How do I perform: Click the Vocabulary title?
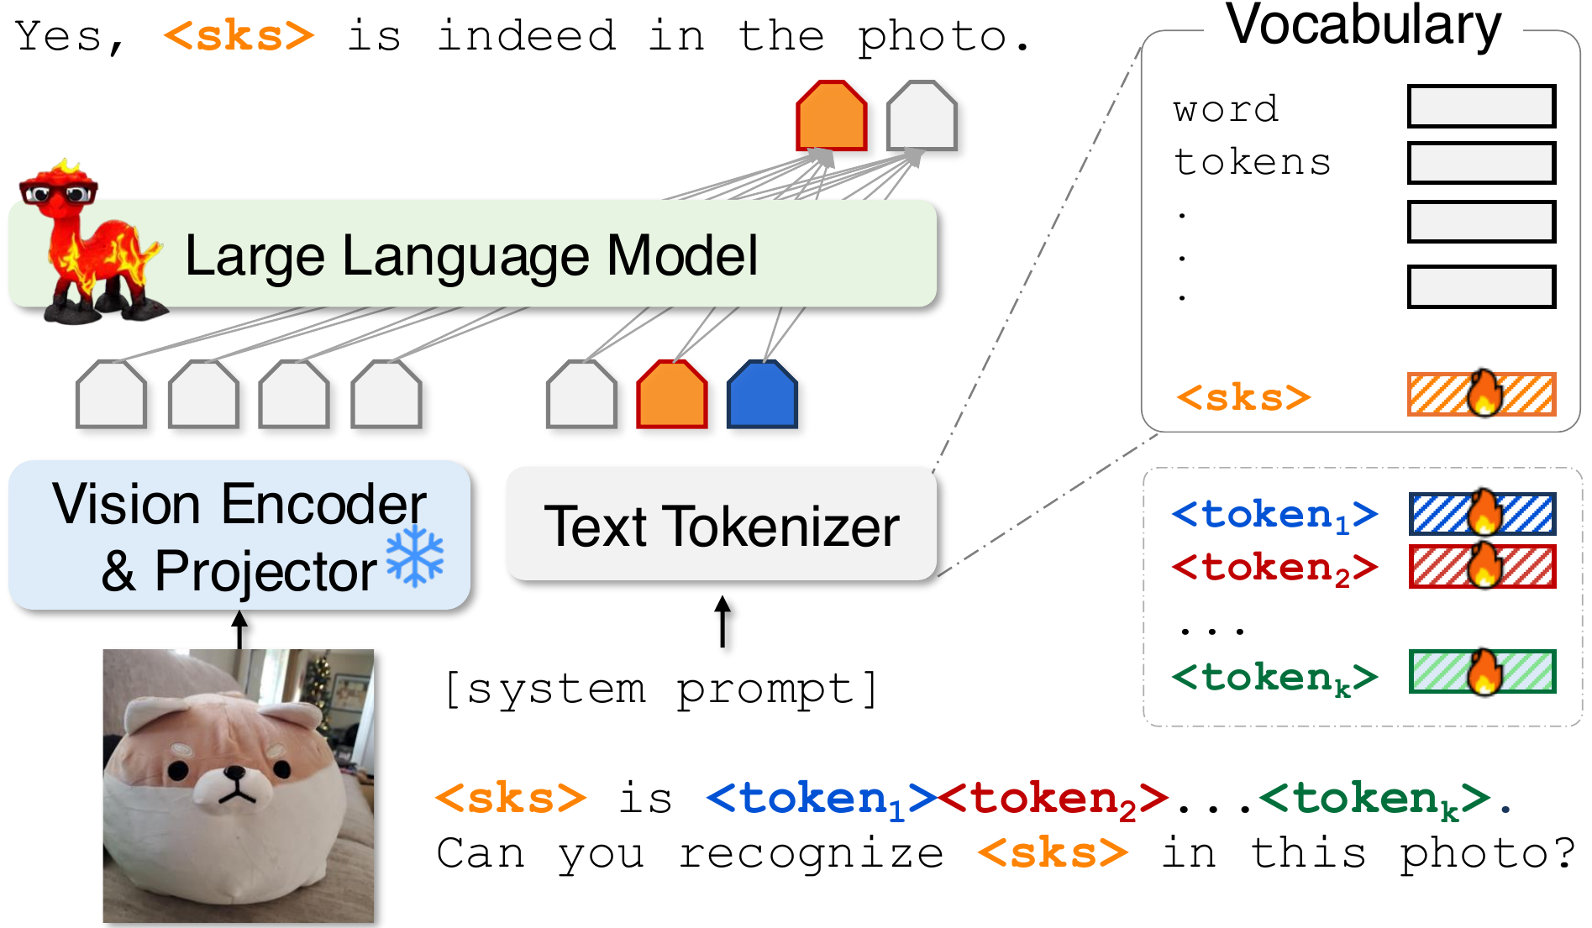[1363, 25]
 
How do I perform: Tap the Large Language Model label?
[471, 255]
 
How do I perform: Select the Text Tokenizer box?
[722, 525]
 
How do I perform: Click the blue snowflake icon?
[415, 556]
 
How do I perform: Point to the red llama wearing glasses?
[88, 242]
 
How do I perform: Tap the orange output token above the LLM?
[832, 116]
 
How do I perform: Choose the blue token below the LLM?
[762, 395]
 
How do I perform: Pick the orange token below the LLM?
[672, 395]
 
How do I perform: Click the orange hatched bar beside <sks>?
[1482, 394]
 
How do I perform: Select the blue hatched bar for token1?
[1482, 513]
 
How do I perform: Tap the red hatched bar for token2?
[1482, 566]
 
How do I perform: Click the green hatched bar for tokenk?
[1482, 672]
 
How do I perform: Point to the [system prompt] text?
[661, 689]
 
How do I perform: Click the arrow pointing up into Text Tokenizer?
[722, 621]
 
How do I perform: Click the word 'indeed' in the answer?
[527, 35]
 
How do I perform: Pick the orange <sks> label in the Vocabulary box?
[1243, 397]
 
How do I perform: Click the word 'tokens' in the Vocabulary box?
[1252, 162]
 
